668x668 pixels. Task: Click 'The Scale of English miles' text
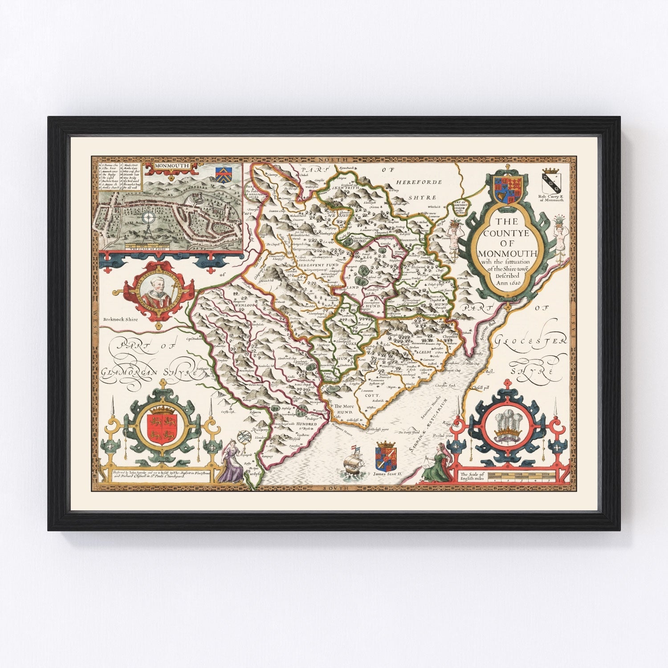point(473,476)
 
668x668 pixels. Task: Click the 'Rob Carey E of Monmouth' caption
point(550,198)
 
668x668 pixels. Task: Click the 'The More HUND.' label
point(345,409)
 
